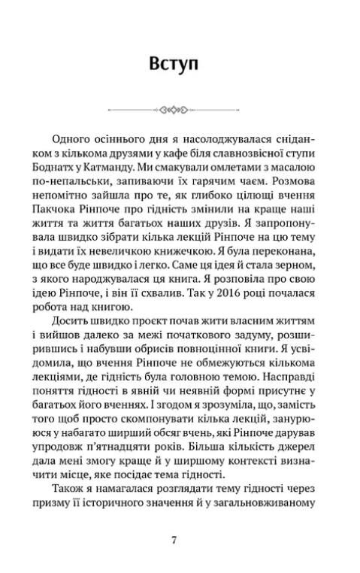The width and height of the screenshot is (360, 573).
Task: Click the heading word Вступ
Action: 173,65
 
